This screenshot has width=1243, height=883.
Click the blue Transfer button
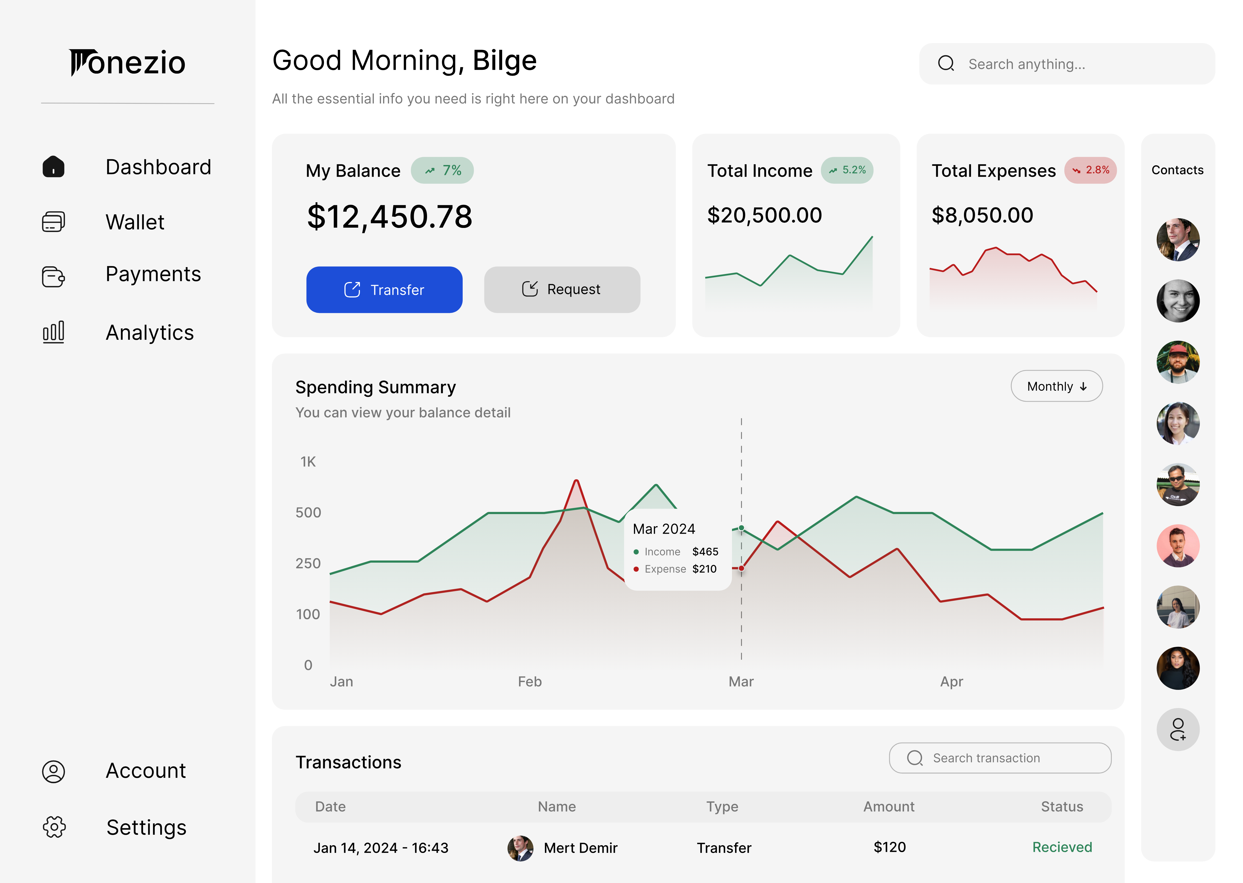coord(384,290)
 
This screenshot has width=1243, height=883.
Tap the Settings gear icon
coord(54,827)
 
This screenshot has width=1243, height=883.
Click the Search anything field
coord(1067,64)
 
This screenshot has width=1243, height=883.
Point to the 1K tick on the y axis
coord(308,462)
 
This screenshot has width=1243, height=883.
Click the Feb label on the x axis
coord(530,681)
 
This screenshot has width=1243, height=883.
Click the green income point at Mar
coord(741,528)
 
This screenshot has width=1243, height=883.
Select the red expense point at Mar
coord(741,568)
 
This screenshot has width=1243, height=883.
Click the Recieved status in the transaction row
coord(1062,847)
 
